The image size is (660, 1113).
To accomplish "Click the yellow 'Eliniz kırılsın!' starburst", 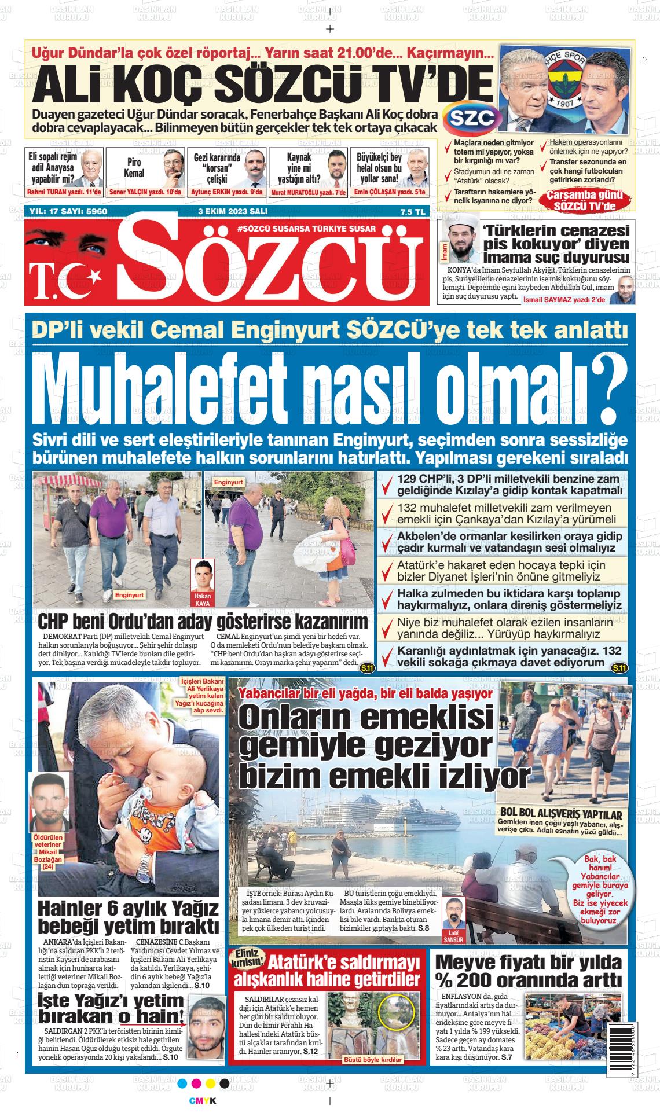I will (247, 963).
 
